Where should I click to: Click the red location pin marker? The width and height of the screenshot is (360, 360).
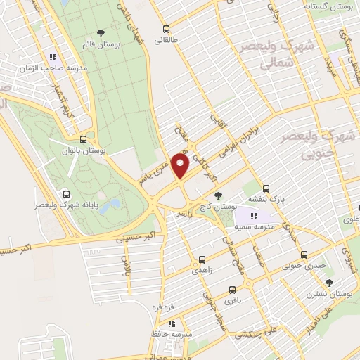click(180, 166)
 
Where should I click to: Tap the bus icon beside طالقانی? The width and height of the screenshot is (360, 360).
click(167, 30)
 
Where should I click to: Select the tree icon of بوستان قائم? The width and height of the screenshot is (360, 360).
click(101, 33)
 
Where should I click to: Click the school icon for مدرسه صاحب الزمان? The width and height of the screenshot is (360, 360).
click(52, 58)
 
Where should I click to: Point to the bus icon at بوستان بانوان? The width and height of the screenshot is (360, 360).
click(84, 139)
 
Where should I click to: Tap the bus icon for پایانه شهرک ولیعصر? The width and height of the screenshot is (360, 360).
click(67, 195)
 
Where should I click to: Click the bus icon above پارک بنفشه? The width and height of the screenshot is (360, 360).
click(266, 188)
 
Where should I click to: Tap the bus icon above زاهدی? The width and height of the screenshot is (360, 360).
click(202, 259)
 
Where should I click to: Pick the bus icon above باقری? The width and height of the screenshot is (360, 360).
click(233, 289)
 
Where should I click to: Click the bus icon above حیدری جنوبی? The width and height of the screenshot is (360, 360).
click(304, 255)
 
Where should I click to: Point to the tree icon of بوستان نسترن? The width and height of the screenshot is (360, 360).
click(329, 283)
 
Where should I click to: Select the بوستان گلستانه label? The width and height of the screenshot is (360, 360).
click(328, 6)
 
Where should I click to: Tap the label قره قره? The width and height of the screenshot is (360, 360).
click(172, 307)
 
